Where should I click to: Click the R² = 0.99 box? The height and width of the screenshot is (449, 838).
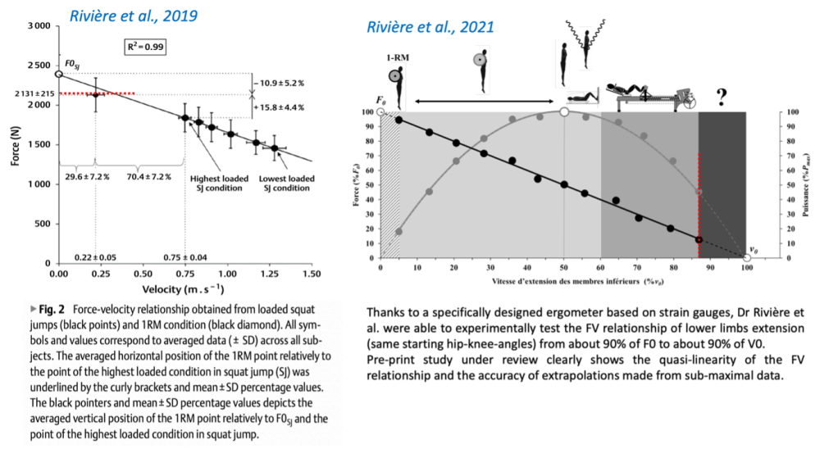144,48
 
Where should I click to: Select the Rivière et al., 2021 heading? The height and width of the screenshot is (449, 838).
430,28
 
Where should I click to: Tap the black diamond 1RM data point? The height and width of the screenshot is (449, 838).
96,94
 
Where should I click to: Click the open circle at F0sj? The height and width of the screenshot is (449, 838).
58,74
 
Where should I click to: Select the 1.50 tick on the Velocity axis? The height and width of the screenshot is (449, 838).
311,272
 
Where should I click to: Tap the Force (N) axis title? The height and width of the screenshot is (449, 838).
15,146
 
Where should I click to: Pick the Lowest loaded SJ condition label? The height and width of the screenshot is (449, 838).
285,183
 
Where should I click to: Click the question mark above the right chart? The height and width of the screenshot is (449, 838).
722,98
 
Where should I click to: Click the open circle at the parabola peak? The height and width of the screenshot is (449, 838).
563,111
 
